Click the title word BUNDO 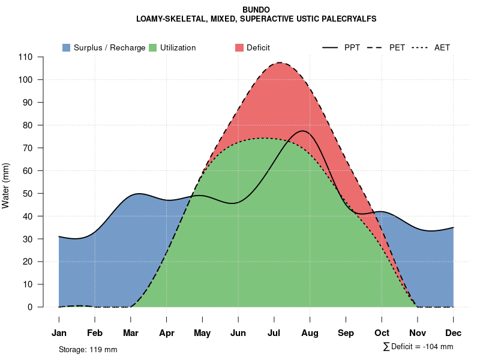256,10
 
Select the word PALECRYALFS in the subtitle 349,19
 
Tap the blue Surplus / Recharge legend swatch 67,47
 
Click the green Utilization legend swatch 153,47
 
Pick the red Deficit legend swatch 239,47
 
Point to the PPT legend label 352,47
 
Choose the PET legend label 397,47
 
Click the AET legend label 442,47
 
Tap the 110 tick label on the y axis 26,57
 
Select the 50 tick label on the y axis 28,194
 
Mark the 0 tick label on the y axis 31,307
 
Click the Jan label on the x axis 59,333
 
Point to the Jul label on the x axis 274,333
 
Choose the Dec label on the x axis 454,333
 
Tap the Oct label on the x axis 382,333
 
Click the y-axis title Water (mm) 6,185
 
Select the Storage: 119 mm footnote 88,349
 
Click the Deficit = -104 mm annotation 421,347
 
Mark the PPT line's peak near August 303,131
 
